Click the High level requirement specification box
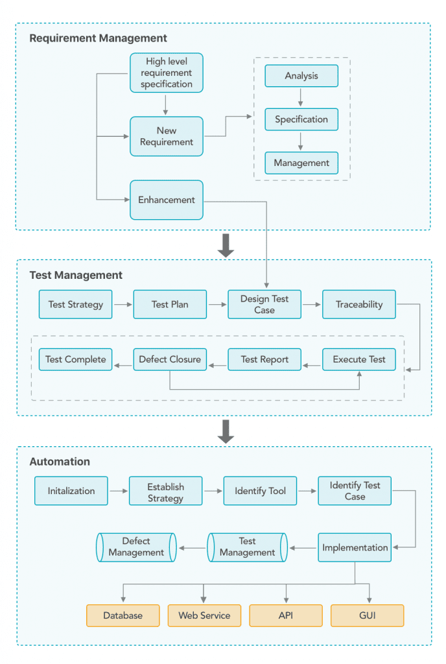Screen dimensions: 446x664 tap(167, 73)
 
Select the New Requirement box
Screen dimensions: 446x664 tap(167, 136)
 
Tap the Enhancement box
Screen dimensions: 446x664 tap(167, 200)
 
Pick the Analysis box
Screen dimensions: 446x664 tap(301, 76)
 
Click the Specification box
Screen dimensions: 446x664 tap(301, 119)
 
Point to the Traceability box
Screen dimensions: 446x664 tap(359, 305)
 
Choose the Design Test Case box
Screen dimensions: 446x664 tap(264, 305)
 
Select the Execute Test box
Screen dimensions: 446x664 tap(359, 359)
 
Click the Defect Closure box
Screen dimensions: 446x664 tap(170, 359)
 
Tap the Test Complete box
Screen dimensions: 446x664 tap(75, 359)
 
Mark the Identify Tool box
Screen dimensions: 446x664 tap(260, 491)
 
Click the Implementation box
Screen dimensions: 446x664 tap(355, 547)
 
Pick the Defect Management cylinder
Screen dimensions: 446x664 tap(136, 547)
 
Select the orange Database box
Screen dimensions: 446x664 tap(123, 616)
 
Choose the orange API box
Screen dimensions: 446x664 tap(286, 616)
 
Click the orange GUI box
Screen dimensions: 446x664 tap(368, 616)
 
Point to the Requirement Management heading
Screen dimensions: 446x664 tap(98, 38)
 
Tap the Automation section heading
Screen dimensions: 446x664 tap(60, 462)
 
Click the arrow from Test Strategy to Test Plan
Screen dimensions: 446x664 tap(123, 305)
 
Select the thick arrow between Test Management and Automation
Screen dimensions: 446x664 tap(226, 431)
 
